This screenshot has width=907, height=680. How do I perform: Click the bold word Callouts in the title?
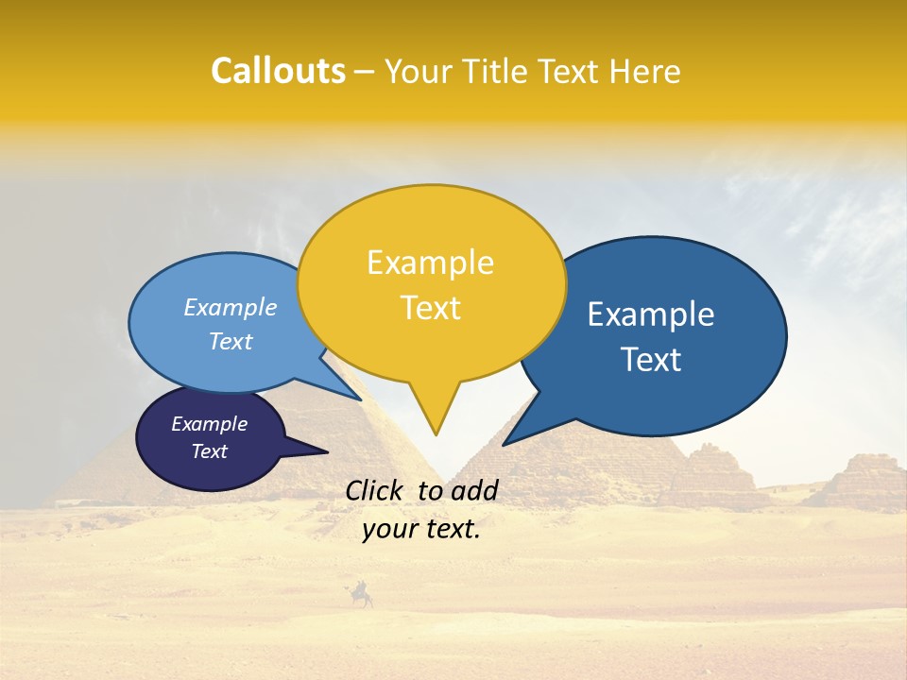click(278, 71)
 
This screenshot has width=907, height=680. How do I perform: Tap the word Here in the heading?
click(645, 71)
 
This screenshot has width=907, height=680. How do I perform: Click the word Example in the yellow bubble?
click(430, 263)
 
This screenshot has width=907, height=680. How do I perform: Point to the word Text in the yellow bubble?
click(430, 308)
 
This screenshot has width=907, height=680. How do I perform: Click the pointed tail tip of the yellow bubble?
click(436, 434)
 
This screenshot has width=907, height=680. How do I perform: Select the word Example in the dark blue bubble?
click(651, 314)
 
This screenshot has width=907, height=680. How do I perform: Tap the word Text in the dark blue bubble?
click(651, 360)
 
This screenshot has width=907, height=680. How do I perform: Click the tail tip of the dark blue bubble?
click(504, 444)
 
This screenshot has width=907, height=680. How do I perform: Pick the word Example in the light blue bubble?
click(231, 307)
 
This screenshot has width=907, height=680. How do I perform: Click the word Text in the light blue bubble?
click(231, 341)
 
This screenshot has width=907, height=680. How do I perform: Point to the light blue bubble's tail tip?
click(362, 400)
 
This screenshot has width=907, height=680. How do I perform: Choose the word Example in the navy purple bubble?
click(209, 424)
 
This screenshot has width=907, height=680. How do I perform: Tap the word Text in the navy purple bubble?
click(209, 451)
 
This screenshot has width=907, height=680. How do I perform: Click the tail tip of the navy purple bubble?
click(327, 452)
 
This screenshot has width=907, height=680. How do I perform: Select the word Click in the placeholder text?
click(376, 490)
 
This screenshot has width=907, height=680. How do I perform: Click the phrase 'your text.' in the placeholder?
click(421, 530)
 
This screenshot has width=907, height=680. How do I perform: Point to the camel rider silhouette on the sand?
click(360, 594)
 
